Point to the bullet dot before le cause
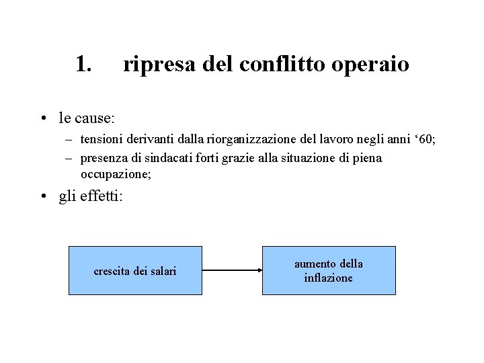click(42, 119)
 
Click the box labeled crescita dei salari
click(135, 270)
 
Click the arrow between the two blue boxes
click(232, 270)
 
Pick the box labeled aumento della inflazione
click(329, 270)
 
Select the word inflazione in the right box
click(329, 278)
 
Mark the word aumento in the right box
click(314, 264)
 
